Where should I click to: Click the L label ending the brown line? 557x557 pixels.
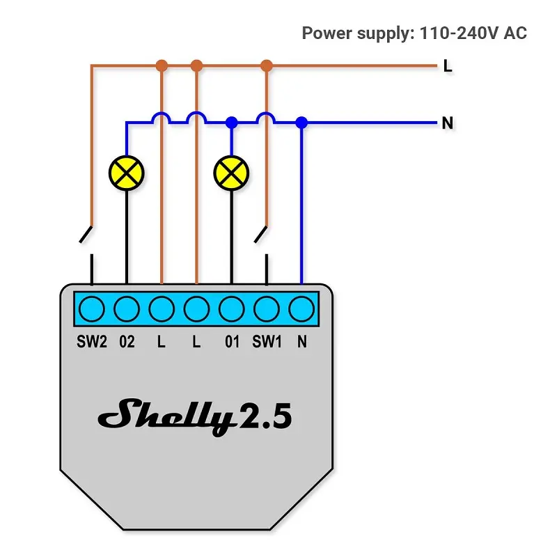[448, 66]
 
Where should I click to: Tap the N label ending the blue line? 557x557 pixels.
[448, 123]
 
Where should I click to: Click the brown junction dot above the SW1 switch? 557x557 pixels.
[266, 66]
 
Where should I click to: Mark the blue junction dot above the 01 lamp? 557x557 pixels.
[232, 123]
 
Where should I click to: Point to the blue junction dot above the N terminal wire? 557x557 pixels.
[301, 123]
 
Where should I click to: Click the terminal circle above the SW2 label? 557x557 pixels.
[91, 308]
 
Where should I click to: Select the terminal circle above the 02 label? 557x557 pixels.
[126, 308]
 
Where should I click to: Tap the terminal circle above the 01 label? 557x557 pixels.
[231, 308]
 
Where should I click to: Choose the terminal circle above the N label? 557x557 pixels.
[301, 308]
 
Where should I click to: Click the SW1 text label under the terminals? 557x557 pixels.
[266, 342]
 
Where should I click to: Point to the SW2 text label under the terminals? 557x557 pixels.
[91, 342]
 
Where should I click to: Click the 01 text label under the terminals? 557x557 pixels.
[231, 342]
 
